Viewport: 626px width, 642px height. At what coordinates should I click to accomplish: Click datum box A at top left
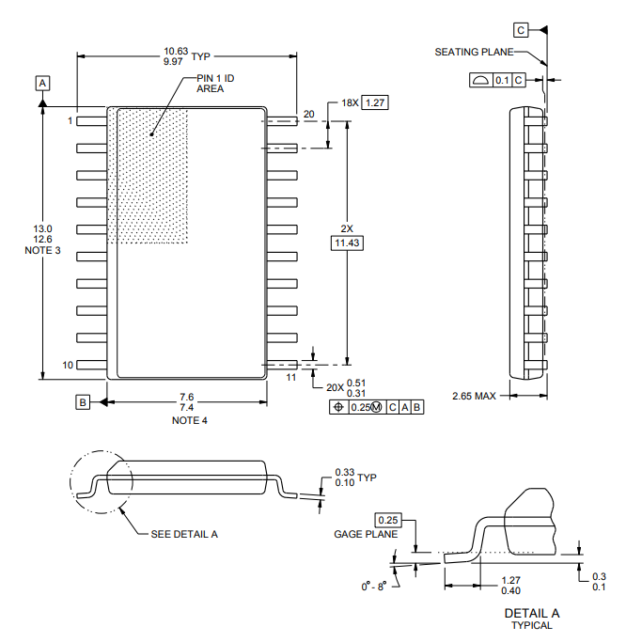(x=43, y=83)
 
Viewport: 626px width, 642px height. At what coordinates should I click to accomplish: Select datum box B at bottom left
(x=83, y=401)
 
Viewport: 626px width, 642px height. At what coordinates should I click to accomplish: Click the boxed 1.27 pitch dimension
(x=374, y=102)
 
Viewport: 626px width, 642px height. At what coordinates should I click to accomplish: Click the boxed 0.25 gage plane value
(x=387, y=520)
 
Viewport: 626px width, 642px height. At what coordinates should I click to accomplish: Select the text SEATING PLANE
(x=474, y=52)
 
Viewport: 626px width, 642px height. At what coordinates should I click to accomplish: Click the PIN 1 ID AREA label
(x=214, y=83)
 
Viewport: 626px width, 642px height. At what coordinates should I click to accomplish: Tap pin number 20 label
(x=308, y=115)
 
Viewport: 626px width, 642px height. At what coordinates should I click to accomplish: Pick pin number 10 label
(x=68, y=365)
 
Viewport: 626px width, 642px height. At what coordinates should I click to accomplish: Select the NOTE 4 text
(x=186, y=420)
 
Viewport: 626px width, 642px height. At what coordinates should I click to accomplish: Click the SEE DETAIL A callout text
(x=184, y=534)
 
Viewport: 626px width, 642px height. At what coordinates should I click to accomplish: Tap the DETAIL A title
(x=532, y=613)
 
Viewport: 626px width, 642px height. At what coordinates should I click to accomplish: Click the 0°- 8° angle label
(x=374, y=586)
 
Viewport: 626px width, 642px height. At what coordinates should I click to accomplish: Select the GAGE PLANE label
(x=366, y=534)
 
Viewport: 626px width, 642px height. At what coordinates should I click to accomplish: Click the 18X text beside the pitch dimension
(x=349, y=102)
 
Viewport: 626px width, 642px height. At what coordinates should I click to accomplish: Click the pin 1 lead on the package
(x=92, y=121)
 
